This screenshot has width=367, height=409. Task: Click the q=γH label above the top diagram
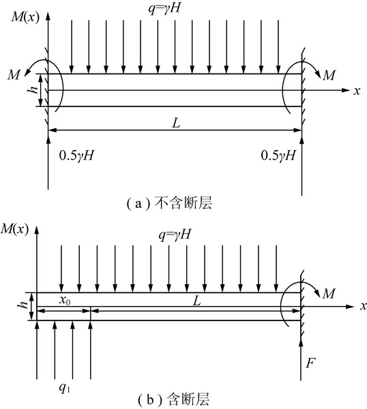pos(164,8)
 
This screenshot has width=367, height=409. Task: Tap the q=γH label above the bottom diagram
pos(175,234)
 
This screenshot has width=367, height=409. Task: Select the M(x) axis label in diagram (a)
pos(25,18)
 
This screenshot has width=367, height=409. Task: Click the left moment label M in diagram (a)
pos(14,76)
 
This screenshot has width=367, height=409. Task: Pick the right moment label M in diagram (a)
pos(329,76)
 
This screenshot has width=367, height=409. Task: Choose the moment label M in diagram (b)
pos(329,294)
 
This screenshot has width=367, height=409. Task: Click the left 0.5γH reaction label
pos(76,155)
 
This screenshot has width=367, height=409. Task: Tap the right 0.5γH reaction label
pos(278,155)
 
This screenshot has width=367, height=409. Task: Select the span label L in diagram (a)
pos(177,123)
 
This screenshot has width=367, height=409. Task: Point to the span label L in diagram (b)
pos(196,301)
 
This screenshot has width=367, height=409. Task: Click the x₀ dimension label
pos(65,301)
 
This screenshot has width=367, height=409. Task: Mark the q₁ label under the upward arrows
pos(64,389)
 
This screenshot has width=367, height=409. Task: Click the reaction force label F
pos(310,363)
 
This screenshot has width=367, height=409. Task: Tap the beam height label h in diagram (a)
pos(33,90)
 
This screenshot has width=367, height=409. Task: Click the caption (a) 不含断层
pos(169,203)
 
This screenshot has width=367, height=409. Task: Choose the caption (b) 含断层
pos(173,400)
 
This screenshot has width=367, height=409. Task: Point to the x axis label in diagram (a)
pos(357,91)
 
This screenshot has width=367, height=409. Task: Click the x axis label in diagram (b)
pos(364,306)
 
